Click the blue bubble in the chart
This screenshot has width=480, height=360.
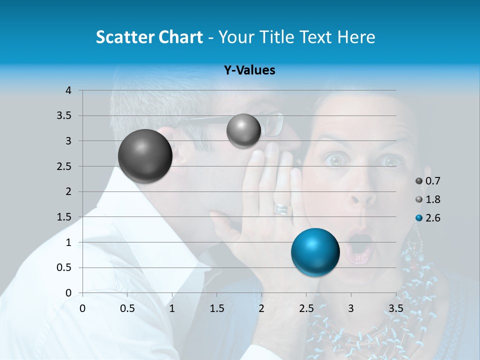coord(315,252)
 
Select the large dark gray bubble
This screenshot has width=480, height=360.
coord(145,156)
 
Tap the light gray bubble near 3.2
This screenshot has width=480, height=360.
coord(243,130)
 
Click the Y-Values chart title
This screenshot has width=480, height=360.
coord(249,70)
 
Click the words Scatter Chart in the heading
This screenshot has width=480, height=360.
coord(149,37)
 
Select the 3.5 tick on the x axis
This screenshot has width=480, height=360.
coord(395,307)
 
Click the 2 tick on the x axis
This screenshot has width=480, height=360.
coord(261,307)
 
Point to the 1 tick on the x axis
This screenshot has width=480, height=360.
coord(172,307)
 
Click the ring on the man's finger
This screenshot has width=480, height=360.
coord(281,208)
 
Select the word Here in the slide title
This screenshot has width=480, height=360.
coord(356,37)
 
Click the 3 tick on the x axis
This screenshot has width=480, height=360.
coord(351,307)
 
